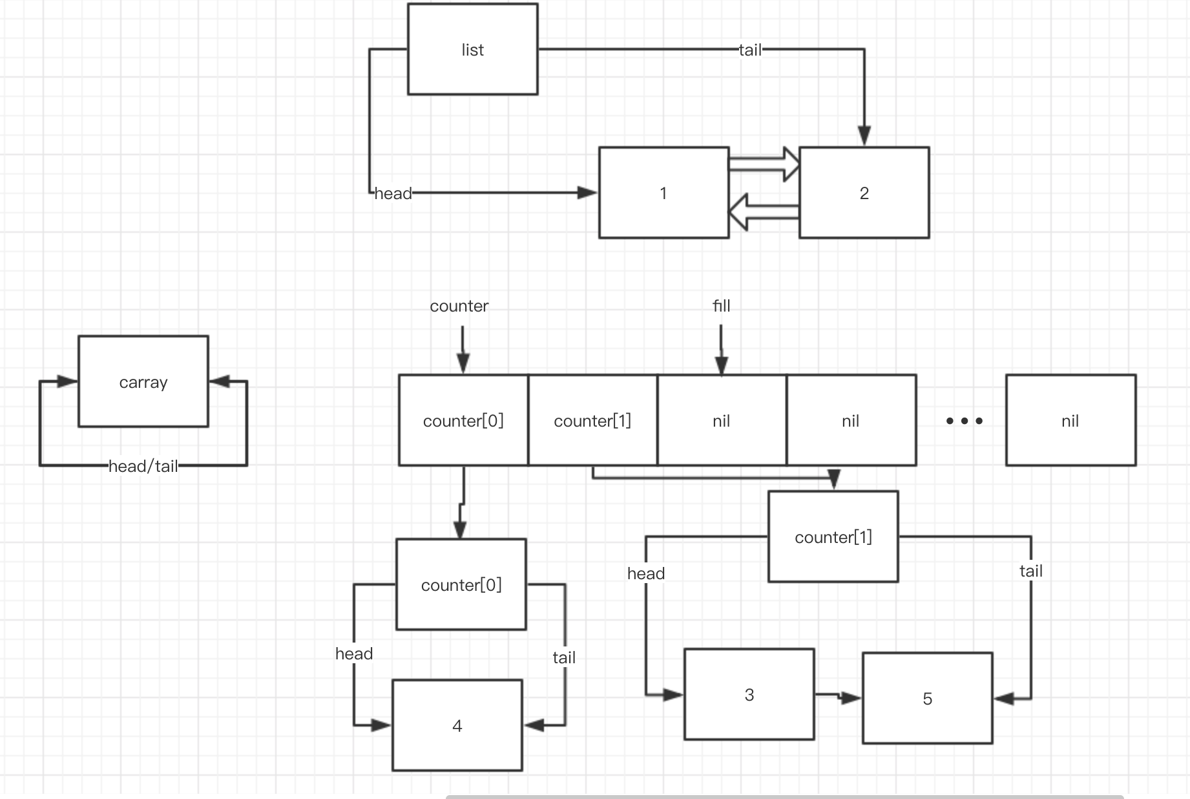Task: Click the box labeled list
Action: (x=472, y=49)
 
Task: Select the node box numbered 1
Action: (x=663, y=193)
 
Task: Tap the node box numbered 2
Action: (x=864, y=193)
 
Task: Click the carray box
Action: (x=143, y=381)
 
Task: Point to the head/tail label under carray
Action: (x=143, y=466)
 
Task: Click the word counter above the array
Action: (x=459, y=306)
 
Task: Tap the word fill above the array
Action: (x=721, y=306)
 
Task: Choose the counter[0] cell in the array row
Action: (x=463, y=420)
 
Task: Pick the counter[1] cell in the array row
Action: (x=592, y=420)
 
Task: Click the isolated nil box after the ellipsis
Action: (x=1070, y=420)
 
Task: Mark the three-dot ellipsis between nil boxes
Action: (x=964, y=421)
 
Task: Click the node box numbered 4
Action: (x=457, y=725)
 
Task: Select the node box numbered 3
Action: (x=749, y=694)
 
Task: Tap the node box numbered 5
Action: (x=927, y=698)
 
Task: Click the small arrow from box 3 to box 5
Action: (x=838, y=696)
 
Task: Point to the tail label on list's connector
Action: (x=750, y=50)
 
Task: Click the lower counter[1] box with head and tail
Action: (x=833, y=537)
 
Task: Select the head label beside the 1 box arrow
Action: (x=393, y=193)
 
